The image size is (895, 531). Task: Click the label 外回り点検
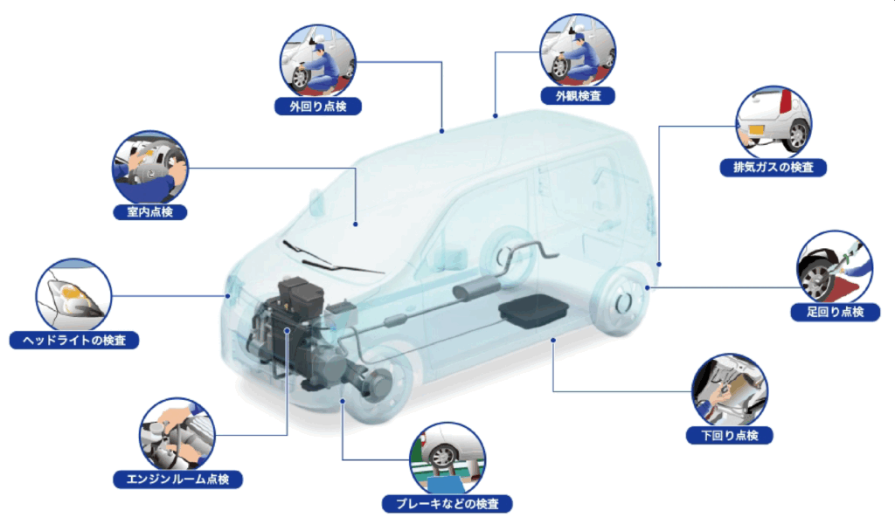(x=318, y=106)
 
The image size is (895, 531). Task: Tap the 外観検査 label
(x=578, y=96)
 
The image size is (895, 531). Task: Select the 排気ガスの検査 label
(x=773, y=167)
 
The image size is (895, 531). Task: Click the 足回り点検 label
(x=835, y=312)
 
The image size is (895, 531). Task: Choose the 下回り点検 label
(x=730, y=435)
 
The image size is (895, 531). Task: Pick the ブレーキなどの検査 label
(x=447, y=504)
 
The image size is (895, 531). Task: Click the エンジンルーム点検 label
(x=177, y=479)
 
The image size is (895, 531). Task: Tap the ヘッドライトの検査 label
(x=74, y=340)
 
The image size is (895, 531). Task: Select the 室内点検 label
(x=150, y=211)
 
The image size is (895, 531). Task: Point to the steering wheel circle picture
(x=150, y=169)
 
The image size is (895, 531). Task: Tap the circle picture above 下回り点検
(x=730, y=391)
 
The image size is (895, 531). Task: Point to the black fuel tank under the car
(x=534, y=310)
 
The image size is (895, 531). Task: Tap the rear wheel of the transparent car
(x=621, y=300)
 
